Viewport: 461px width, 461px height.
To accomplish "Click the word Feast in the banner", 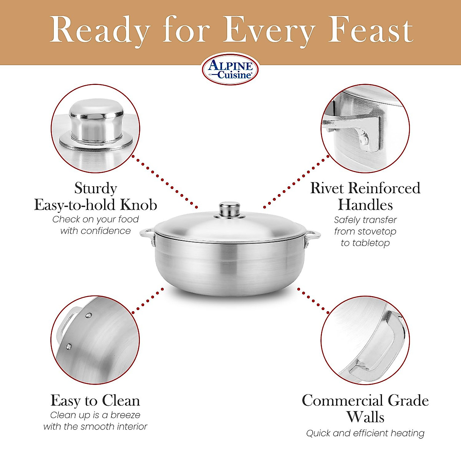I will pos(371,30).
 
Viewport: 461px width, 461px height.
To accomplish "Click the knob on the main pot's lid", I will pos(230,209).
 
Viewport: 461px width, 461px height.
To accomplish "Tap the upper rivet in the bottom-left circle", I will pos(89,315).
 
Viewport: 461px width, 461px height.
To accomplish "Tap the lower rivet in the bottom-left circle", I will pos(69,347).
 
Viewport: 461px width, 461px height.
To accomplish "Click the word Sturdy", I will pos(96,188).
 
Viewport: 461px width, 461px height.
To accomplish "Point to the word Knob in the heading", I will pos(139,205).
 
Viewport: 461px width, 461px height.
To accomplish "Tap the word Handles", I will pos(365,205).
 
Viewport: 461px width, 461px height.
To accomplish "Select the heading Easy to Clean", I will pos(95,401).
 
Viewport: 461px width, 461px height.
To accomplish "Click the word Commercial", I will pos(342,401).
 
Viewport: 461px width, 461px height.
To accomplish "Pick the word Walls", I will pos(365,417).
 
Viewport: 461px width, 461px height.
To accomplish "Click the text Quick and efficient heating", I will pos(365,433).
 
